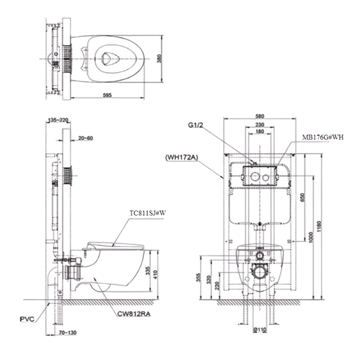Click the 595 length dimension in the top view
(107, 95)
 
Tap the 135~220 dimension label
(58, 120)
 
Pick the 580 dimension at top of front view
(260, 116)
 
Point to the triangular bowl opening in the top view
(109, 57)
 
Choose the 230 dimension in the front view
(260, 125)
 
